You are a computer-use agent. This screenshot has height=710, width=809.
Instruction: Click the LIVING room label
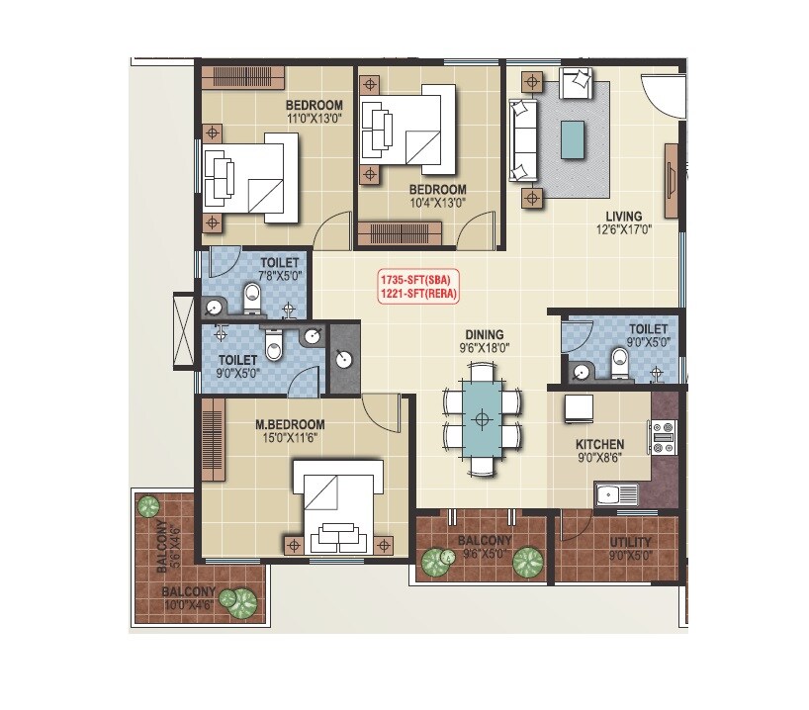(624, 216)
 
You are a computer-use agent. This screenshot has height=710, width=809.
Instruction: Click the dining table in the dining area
(482, 419)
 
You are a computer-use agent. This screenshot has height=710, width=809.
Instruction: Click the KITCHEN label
(600, 445)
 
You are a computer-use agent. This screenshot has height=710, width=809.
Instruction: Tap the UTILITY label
(630, 542)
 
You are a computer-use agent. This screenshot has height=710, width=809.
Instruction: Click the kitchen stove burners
(663, 435)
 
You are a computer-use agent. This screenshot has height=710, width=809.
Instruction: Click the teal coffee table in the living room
(572, 138)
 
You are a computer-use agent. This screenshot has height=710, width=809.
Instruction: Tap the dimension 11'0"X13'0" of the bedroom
(315, 119)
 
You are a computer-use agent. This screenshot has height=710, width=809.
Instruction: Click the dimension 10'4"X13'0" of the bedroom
(437, 203)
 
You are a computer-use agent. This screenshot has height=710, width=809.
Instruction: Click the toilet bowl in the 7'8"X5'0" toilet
(251, 294)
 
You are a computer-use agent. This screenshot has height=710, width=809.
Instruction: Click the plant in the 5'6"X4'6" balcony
(148, 507)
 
